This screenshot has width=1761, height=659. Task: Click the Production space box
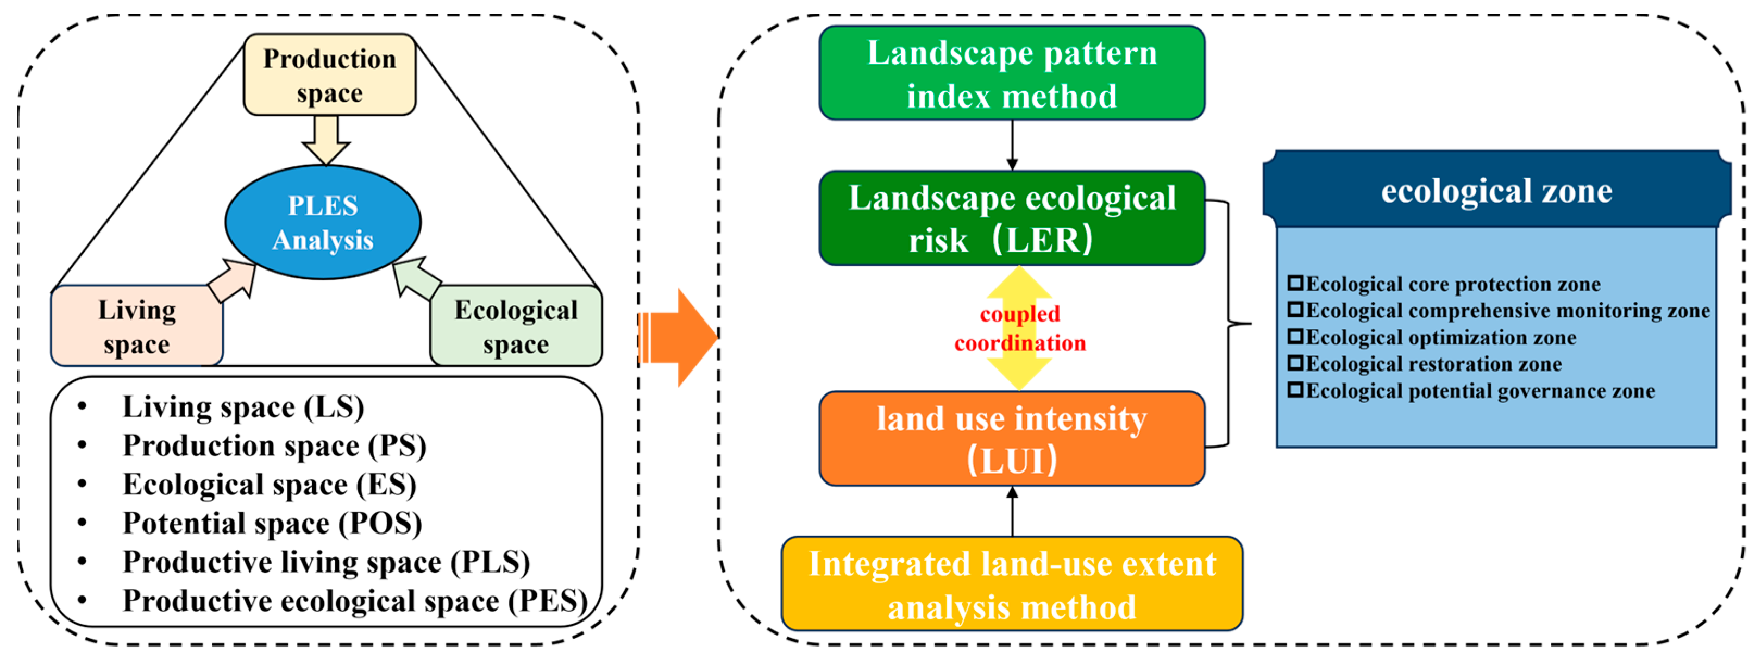point(329,74)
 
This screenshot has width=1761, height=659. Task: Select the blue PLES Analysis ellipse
point(323,222)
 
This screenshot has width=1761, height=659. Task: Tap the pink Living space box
point(137,326)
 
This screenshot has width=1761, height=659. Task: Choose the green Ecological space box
point(516,326)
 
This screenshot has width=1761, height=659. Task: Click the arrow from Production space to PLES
point(326,140)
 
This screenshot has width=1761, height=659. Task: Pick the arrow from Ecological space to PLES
point(417,279)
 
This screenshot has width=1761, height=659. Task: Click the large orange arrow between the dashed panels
point(680,338)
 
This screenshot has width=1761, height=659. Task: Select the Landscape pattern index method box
point(1012,73)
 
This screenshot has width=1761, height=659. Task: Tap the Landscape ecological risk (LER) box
point(1012,218)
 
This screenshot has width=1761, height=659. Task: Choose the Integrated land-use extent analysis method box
point(1012,584)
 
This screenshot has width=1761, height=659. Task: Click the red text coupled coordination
point(1019,328)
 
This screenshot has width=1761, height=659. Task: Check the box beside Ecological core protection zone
point(1295,283)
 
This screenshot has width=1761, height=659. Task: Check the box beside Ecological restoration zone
point(1295,362)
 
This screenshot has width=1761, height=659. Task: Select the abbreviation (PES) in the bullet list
point(548,601)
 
